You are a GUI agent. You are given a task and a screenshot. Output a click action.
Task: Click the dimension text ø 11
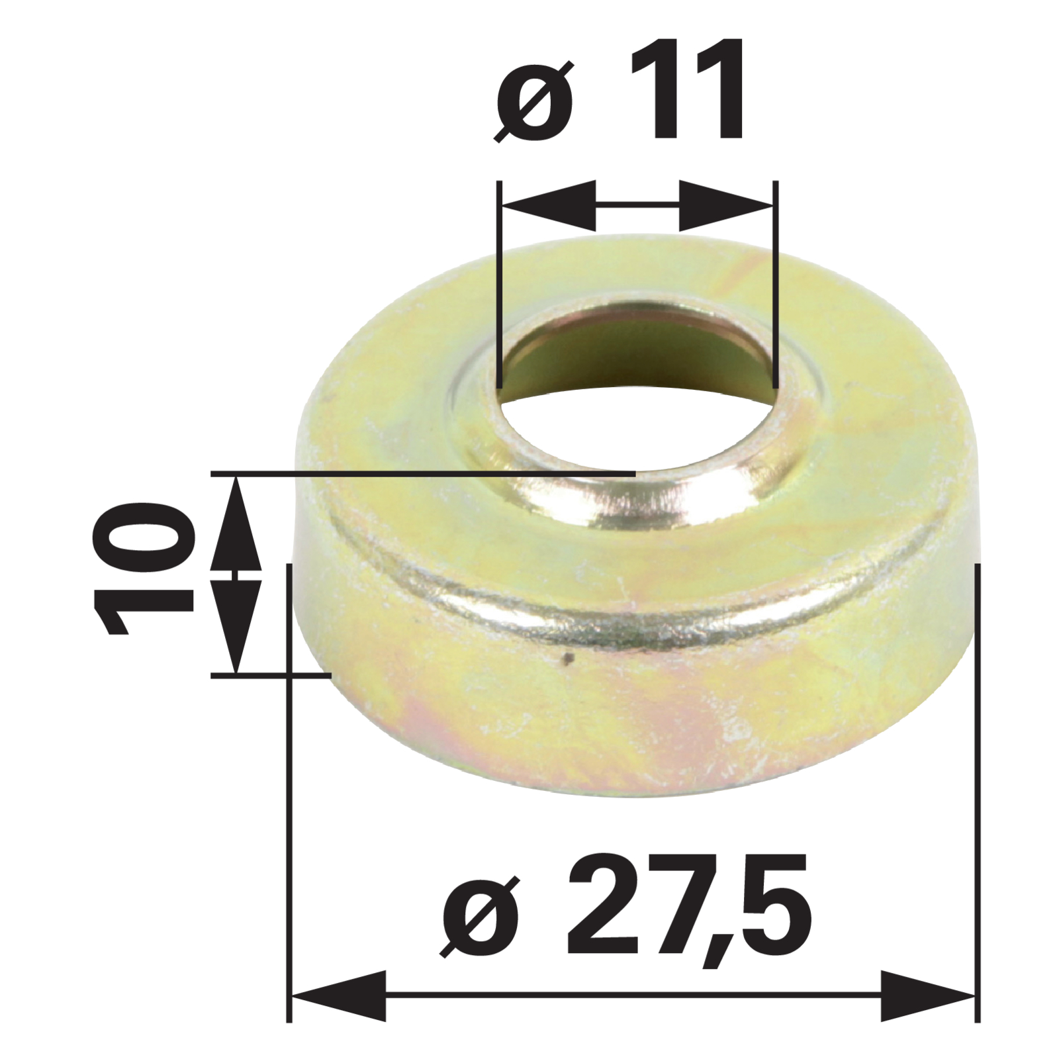point(621,91)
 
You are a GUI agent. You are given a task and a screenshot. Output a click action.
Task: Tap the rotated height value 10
point(144,567)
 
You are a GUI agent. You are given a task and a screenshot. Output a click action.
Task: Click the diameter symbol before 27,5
point(480,917)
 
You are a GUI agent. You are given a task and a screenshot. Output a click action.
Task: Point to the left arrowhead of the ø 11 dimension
point(549,205)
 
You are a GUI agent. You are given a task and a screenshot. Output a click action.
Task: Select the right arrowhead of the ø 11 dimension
point(726,205)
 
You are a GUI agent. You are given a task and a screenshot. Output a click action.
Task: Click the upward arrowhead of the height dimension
point(236,524)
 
